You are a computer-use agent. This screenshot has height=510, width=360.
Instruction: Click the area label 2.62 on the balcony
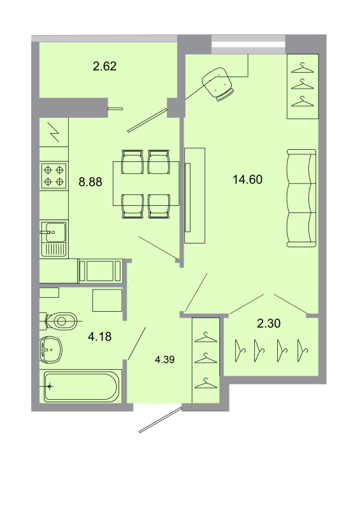click(104, 65)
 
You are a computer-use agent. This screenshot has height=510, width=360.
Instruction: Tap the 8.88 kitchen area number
click(90, 182)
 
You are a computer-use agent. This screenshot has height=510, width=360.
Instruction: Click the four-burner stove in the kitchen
click(54, 175)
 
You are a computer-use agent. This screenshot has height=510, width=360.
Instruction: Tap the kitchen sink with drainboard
click(54, 238)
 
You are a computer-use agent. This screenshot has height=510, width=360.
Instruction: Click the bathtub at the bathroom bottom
click(81, 386)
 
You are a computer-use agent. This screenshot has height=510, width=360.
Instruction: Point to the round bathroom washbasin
click(51, 349)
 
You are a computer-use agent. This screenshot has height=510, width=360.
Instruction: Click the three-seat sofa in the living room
click(301, 198)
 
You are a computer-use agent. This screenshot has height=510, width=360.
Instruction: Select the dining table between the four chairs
click(146, 184)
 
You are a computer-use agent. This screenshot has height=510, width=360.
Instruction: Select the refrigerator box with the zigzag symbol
click(54, 135)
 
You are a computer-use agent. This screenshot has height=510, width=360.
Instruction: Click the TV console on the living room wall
click(195, 195)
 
